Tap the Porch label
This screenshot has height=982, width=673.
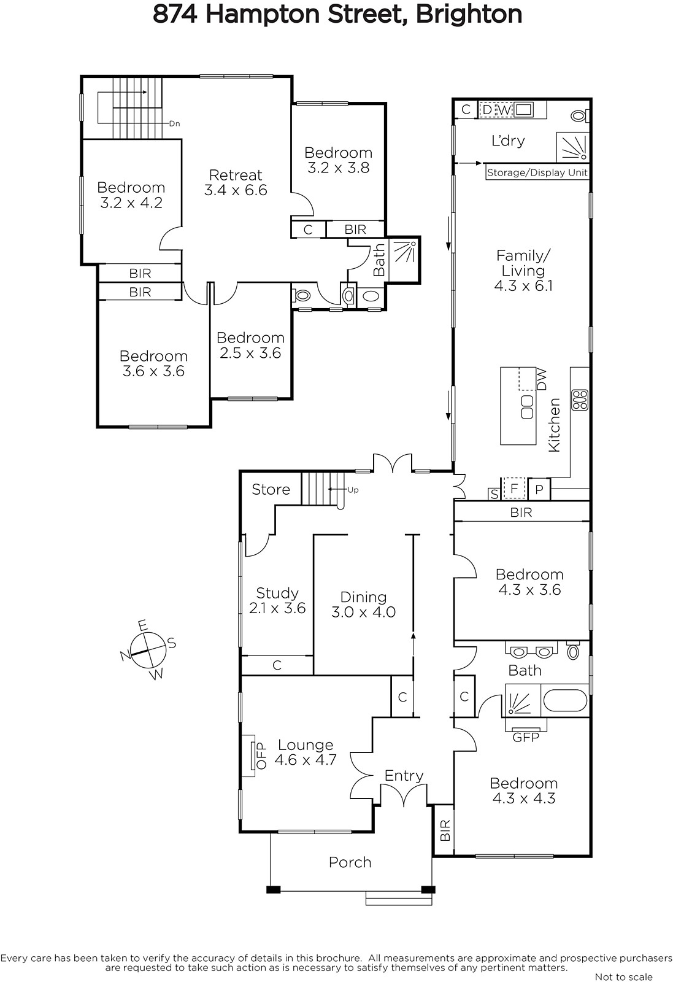(x=350, y=862)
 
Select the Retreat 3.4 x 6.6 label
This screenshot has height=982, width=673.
(x=236, y=182)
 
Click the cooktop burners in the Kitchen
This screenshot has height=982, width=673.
(x=580, y=400)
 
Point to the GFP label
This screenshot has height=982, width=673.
(x=526, y=738)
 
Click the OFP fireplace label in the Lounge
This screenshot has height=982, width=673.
(x=261, y=756)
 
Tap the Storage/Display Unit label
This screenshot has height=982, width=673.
(x=537, y=172)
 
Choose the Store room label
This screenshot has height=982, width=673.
(x=271, y=489)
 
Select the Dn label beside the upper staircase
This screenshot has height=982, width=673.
(x=174, y=123)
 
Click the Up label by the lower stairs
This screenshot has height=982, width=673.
(x=353, y=490)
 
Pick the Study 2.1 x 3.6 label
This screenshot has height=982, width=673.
(x=277, y=600)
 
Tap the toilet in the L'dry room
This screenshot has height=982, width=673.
(x=580, y=116)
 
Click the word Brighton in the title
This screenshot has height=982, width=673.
(x=469, y=15)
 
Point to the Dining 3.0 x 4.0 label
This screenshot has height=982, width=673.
(x=364, y=604)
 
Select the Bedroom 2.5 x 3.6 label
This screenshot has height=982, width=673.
(x=251, y=345)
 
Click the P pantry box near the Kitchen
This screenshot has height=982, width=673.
(x=539, y=489)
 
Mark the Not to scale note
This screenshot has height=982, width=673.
(x=623, y=976)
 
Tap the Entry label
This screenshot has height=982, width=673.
(x=404, y=776)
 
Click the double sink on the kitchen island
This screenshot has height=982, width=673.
(x=527, y=407)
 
